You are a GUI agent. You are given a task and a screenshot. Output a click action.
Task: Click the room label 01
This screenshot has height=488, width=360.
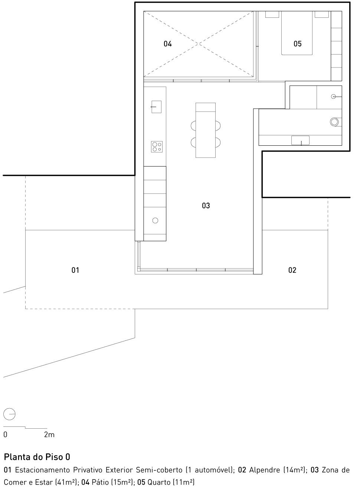[75, 270]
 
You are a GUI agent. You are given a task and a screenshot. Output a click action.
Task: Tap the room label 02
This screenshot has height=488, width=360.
[292, 270]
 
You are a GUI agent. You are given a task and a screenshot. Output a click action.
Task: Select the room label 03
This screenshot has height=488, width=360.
[206, 205]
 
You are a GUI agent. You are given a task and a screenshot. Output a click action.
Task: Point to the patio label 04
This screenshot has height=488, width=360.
[168, 44]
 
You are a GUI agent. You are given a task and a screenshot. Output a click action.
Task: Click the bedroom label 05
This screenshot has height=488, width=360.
[298, 44]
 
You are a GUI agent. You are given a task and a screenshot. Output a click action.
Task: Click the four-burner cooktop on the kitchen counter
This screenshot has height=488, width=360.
[156, 147]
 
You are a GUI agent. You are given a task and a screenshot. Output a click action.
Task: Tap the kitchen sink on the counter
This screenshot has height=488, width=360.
[156, 107]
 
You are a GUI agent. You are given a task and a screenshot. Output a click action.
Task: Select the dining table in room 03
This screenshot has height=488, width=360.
[206, 131]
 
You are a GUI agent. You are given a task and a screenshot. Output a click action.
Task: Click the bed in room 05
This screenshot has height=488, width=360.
[297, 33]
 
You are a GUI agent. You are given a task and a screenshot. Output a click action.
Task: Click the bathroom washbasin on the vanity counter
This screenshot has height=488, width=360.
[300, 141]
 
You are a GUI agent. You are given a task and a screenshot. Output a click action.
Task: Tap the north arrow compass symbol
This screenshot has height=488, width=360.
[9, 413]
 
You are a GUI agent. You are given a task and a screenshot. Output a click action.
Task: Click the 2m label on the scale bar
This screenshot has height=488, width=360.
[49, 435]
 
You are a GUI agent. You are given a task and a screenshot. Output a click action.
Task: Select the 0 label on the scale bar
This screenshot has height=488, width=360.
[6, 435]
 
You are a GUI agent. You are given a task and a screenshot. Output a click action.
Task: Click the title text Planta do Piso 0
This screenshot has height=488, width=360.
[37, 456]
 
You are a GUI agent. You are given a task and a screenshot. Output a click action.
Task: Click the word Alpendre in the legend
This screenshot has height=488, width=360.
[265, 470]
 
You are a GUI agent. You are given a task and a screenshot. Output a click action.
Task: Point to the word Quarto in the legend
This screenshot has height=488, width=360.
[158, 482]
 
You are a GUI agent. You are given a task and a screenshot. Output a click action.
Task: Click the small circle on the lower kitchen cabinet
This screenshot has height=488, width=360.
[155, 221]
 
